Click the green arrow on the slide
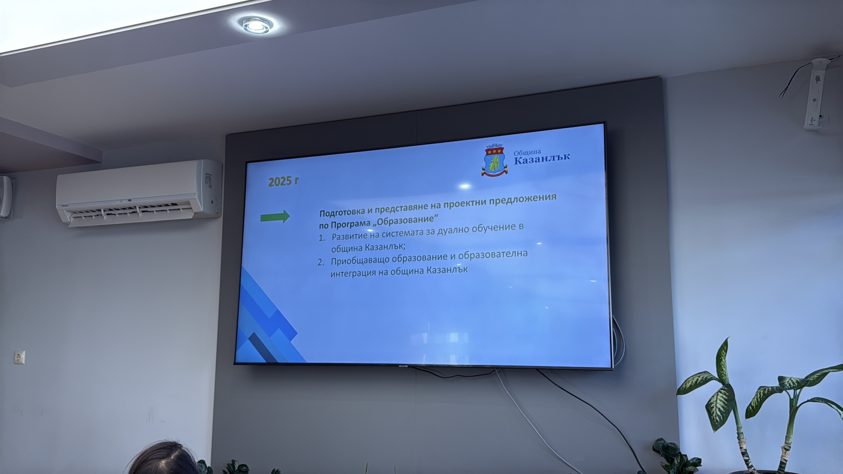(x=275, y=216)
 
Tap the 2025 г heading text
(x=284, y=181)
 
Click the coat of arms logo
(x=495, y=160)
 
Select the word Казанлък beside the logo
(x=542, y=158)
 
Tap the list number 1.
(x=322, y=238)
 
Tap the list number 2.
(x=321, y=262)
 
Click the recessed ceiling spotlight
(x=257, y=25)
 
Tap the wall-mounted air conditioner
(x=139, y=193)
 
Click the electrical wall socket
(x=19, y=357)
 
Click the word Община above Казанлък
(x=527, y=152)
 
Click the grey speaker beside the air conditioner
(x=6, y=197)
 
